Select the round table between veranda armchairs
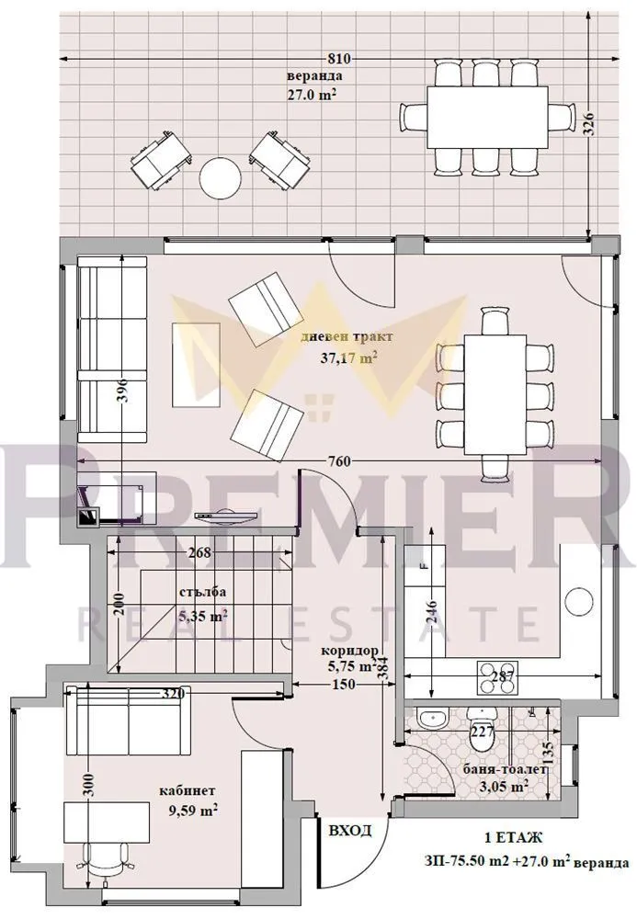click(x=221, y=177)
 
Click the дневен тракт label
click(x=339, y=337)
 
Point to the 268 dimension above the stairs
click(x=199, y=552)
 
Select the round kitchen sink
click(x=578, y=601)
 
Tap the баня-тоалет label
click(x=495, y=770)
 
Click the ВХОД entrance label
click(x=350, y=831)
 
